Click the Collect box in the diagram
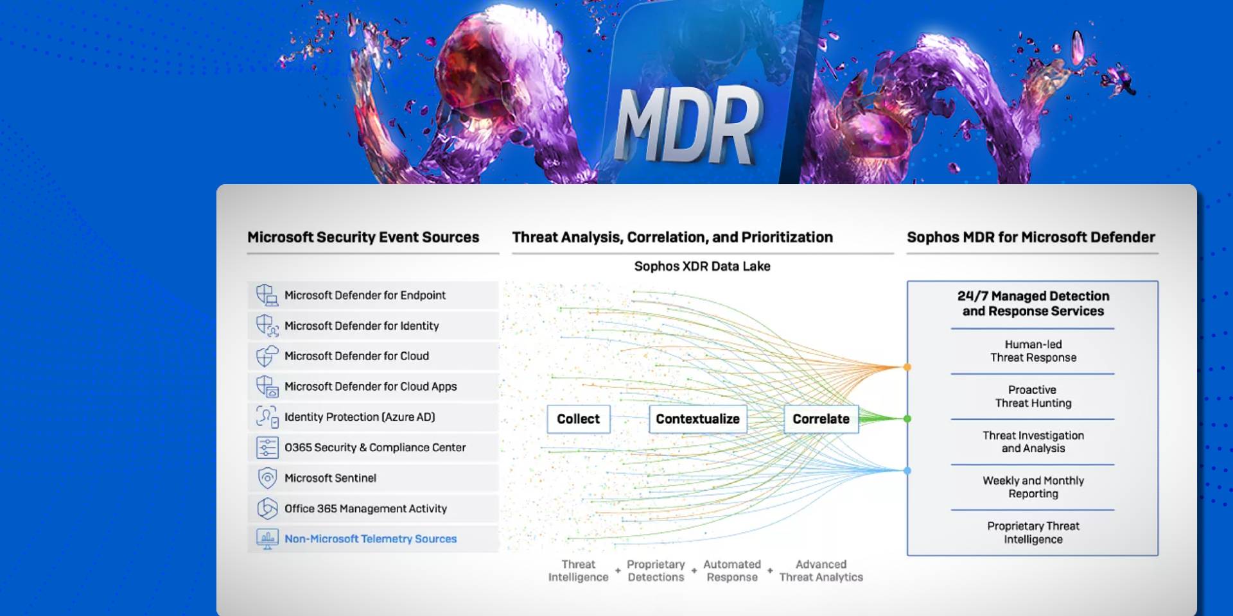[x=579, y=419]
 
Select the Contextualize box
[x=698, y=419]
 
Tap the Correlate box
[x=821, y=419]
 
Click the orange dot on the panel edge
[x=907, y=367]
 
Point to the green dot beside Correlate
[x=907, y=419]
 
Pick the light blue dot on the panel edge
[x=907, y=471]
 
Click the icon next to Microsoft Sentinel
[x=267, y=478]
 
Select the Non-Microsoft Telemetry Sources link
[x=371, y=539]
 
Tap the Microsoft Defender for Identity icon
[x=267, y=326]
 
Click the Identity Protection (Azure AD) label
[x=360, y=417]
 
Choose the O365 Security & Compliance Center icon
[x=267, y=447]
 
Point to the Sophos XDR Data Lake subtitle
[x=703, y=266]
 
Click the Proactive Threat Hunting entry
[x=1033, y=397]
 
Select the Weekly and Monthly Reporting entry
[x=1033, y=487]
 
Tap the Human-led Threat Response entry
[x=1033, y=351]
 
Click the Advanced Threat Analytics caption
[x=821, y=570]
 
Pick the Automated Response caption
[x=732, y=570]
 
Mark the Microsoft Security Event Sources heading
[x=363, y=237]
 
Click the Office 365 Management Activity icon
[x=267, y=509]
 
